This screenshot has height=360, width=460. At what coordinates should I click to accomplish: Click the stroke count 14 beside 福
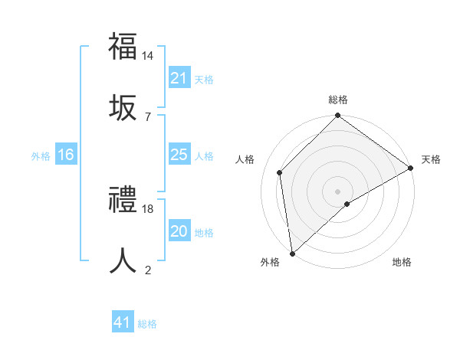[148, 56]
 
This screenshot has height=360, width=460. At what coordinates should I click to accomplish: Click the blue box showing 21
[179, 79]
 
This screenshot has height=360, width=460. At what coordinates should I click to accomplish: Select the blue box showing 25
[179, 155]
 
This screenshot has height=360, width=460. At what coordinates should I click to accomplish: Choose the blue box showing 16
[66, 155]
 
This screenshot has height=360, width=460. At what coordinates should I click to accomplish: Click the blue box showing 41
[122, 323]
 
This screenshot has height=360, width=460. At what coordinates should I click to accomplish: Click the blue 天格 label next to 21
[204, 80]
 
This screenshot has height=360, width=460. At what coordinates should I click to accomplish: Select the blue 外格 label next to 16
[41, 156]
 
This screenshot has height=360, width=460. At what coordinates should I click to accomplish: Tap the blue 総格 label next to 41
[147, 324]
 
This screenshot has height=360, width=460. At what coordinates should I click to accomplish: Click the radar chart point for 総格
[337, 116]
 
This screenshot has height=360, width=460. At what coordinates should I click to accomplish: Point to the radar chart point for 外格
[292, 253]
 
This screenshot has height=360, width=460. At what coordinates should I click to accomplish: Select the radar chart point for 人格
[280, 172]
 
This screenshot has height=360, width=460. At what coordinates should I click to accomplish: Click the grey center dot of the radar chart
[337, 191]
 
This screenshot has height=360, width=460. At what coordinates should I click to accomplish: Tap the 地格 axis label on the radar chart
[402, 263]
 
